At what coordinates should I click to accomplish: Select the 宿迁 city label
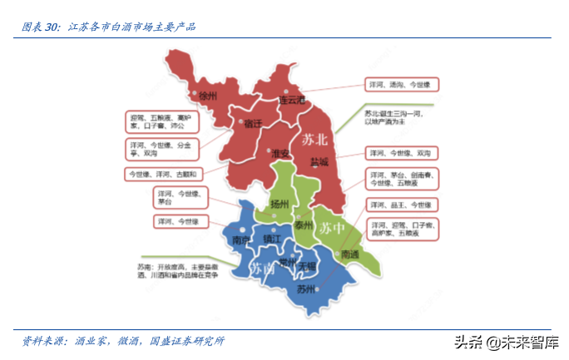(253, 123)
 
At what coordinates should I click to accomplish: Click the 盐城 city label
(319, 161)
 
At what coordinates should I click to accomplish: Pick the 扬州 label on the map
(280, 205)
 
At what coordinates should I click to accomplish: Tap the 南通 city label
(351, 254)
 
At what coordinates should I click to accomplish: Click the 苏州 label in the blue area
(305, 289)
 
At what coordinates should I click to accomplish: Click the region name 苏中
(333, 226)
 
